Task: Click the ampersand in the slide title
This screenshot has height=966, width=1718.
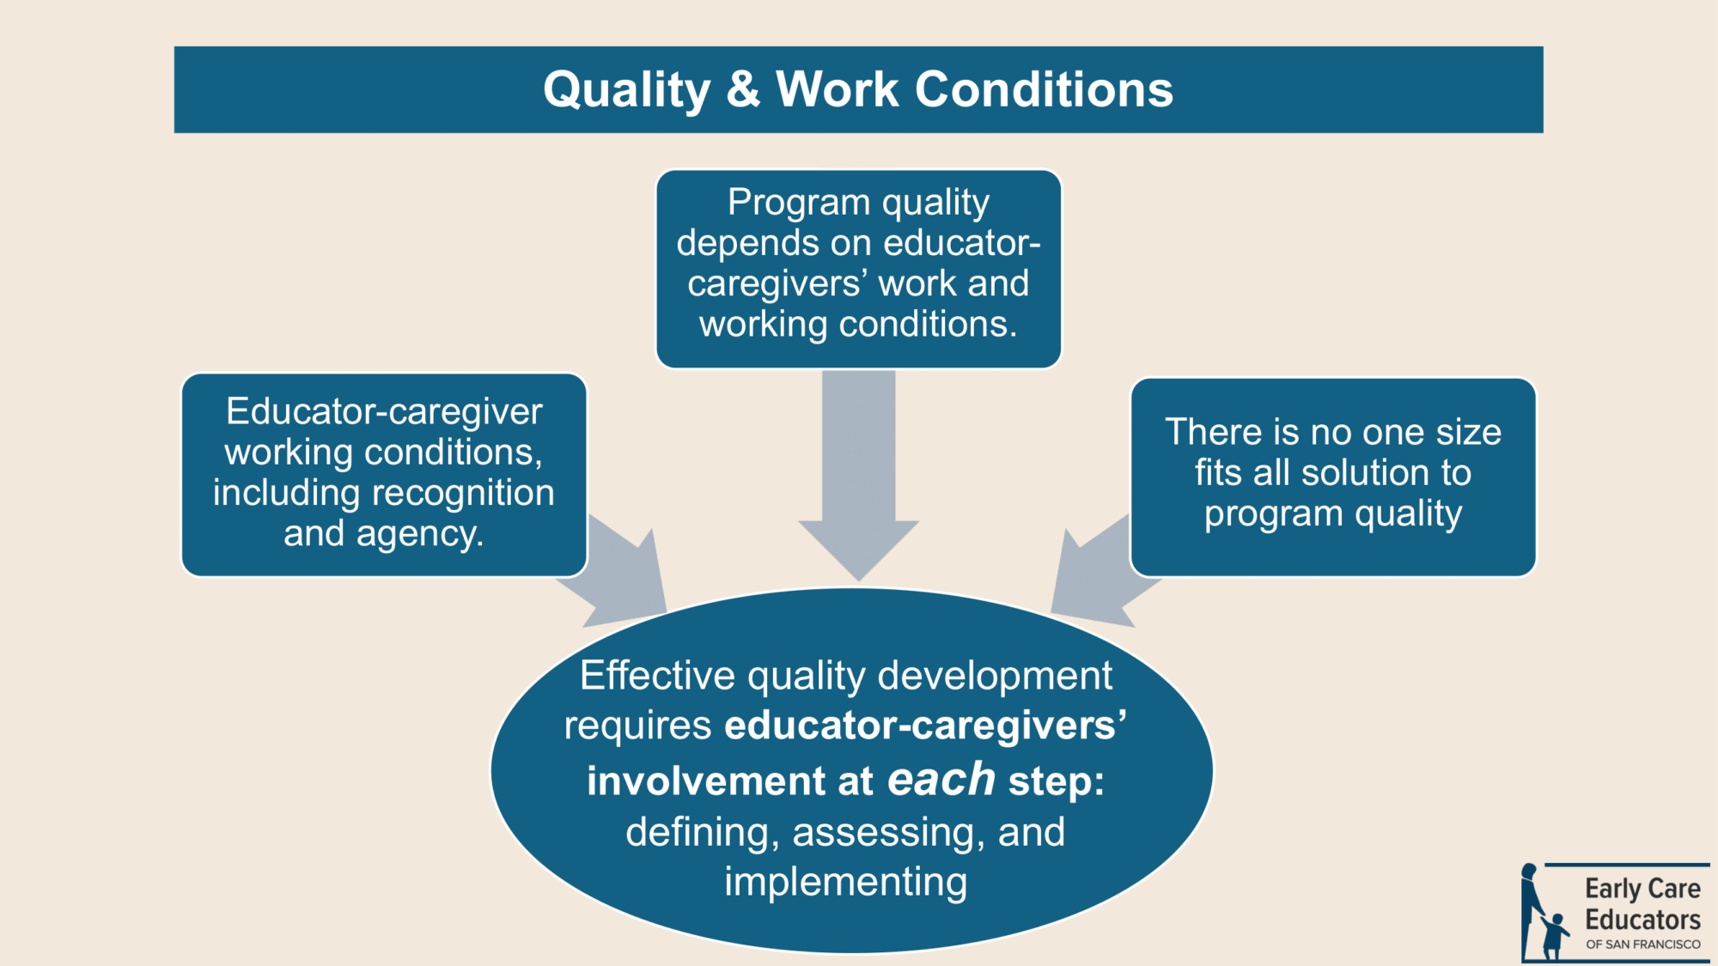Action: coord(744,89)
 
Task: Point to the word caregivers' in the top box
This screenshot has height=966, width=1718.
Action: coord(777,284)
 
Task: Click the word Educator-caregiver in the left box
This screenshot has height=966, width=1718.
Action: coord(384,412)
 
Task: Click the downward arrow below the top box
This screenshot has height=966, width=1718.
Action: coord(859,476)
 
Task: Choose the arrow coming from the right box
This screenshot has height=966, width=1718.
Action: coord(1100,571)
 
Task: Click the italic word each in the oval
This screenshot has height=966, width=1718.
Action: coord(941,779)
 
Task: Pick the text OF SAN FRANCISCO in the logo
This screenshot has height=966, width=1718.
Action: coord(1643,945)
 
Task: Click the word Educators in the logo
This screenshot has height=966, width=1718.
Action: coord(1642,920)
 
